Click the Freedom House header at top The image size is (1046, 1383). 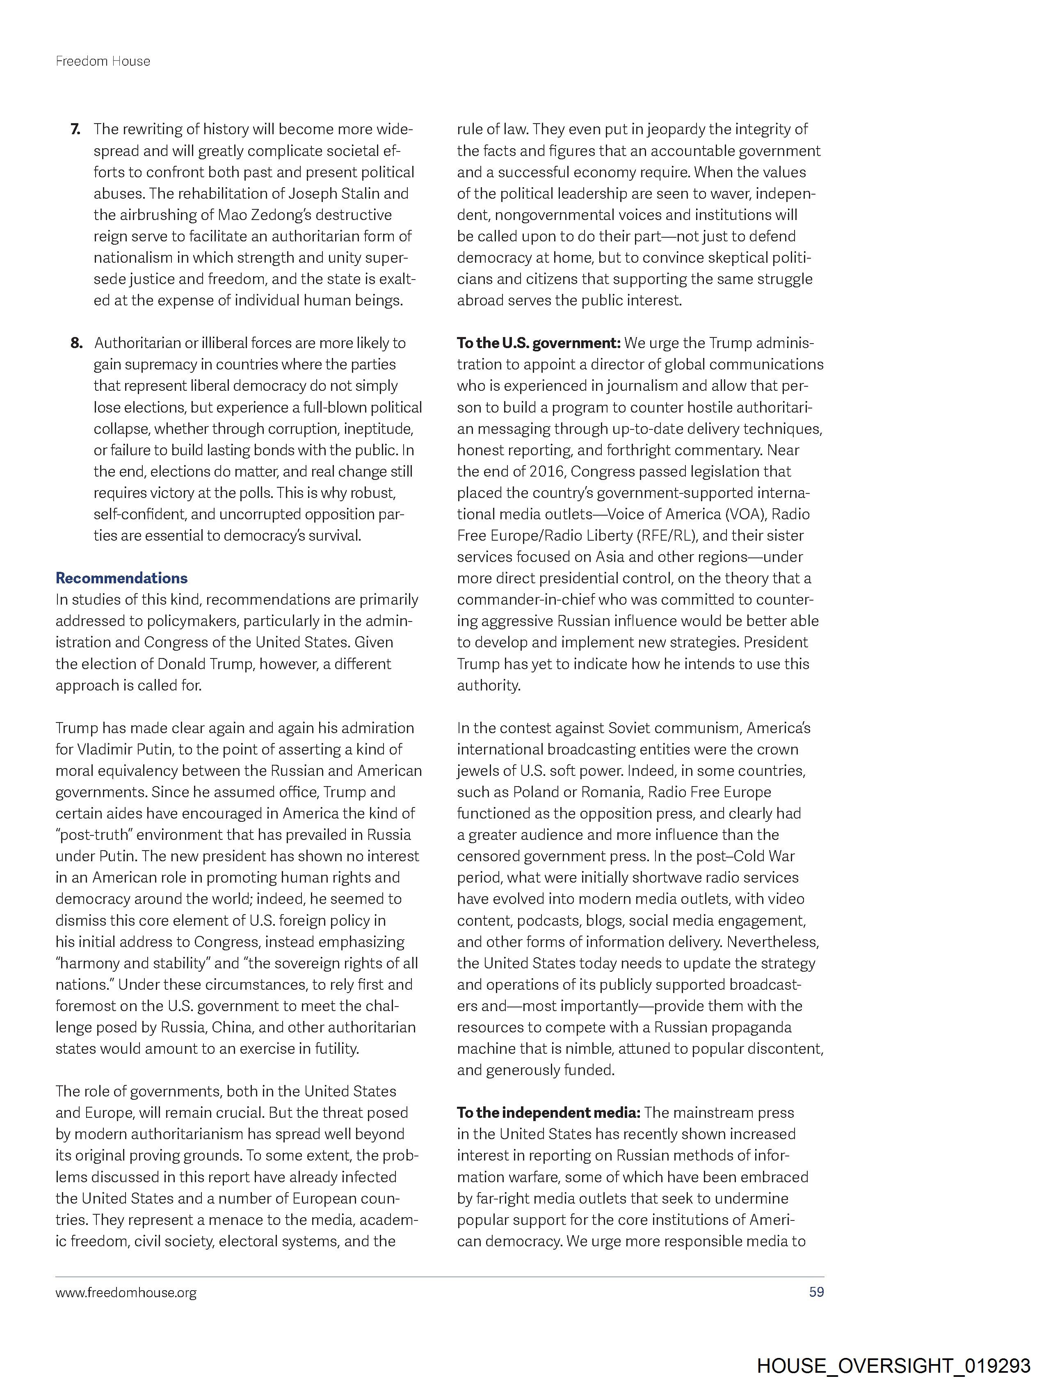pos(103,61)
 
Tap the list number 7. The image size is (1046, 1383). pos(75,129)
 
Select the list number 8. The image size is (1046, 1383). pos(76,343)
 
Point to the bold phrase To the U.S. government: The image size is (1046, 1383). pos(538,343)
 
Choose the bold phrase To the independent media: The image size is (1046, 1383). pos(548,1112)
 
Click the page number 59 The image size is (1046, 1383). pos(816,1292)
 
